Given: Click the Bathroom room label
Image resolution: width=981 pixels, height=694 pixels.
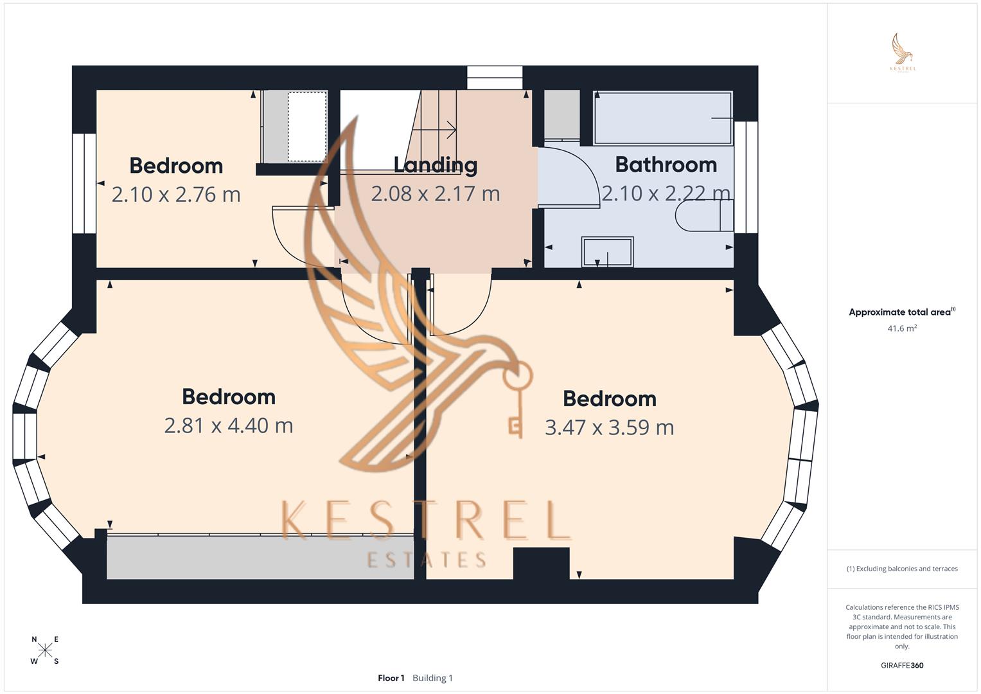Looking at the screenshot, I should point(666,165).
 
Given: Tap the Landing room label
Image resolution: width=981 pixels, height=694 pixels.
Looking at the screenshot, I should point(435,165).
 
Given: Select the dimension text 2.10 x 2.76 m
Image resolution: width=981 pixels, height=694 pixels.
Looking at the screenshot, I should point(176,194).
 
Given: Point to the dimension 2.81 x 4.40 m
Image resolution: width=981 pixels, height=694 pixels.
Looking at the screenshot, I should point(229,425).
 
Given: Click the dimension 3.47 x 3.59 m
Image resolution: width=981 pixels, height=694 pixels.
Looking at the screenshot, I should point(609,427).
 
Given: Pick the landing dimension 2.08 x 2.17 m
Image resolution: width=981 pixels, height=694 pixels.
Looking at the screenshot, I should point(435,193).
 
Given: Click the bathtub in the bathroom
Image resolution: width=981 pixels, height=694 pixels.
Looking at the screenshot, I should point(662,118).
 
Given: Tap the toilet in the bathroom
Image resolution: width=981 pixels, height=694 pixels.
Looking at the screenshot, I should point(703,215).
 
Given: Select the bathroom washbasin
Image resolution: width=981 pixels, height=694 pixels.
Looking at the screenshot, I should point(607,251).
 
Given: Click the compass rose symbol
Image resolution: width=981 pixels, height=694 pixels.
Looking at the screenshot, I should point(45,650).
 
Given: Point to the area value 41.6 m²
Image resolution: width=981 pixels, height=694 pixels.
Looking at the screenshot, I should point(902,328).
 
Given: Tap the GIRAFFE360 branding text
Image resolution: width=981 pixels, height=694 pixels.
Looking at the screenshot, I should point(902,666).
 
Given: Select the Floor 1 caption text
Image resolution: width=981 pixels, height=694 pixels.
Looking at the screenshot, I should point(391,678).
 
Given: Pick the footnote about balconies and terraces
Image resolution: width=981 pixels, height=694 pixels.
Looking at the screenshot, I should point(902,569).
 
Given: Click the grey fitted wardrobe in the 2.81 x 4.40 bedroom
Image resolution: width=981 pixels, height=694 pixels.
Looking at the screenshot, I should point(260,557).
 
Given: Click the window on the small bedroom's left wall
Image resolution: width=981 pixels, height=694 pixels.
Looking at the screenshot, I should point(84,183).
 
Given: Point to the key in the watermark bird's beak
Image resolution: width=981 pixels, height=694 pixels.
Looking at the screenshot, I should point(516,398).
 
